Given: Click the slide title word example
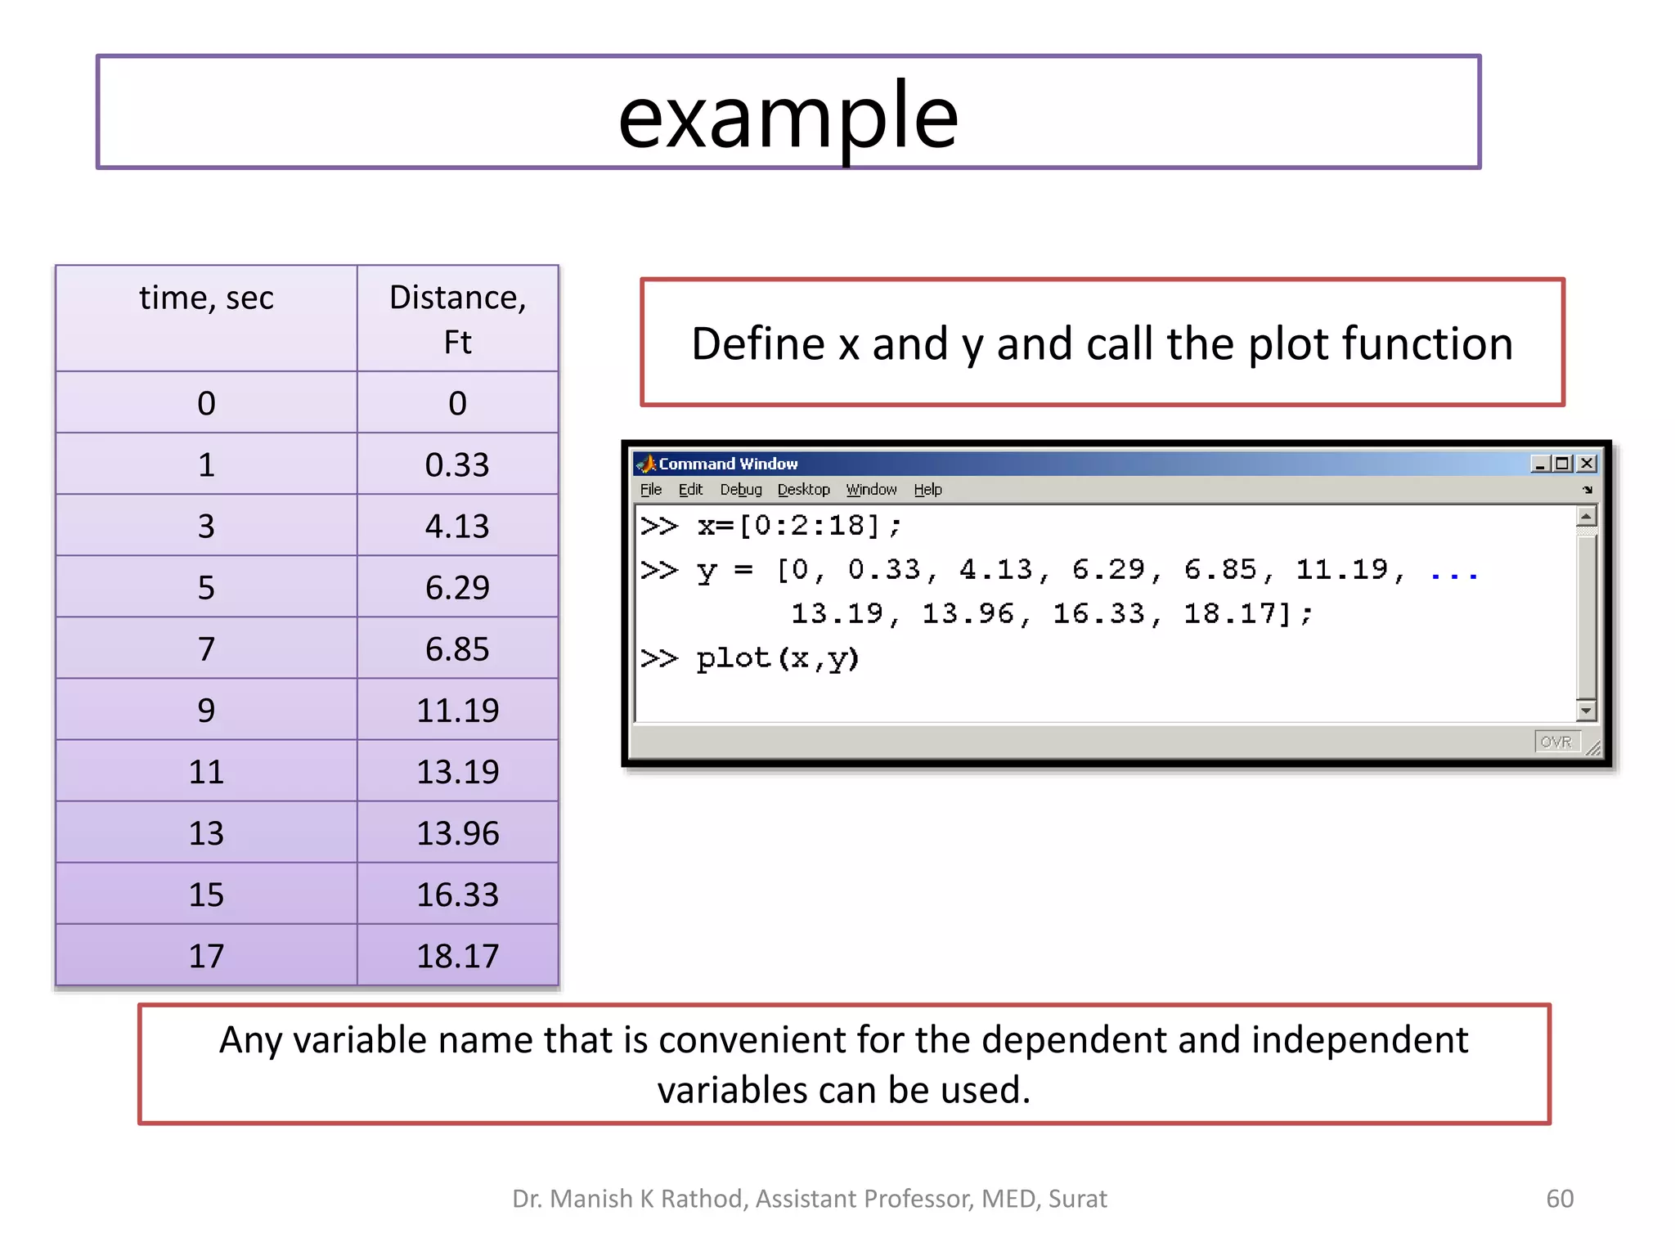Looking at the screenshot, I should coord(788,116).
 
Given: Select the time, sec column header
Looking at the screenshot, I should coord(206,298).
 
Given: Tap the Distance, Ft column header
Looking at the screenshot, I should coord(457,319).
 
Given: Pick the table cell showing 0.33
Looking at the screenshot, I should coord(457,464).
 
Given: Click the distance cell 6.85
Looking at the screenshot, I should coord(457,648).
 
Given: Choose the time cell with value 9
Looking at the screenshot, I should coord(206,710).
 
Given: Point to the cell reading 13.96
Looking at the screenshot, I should coord(457,833).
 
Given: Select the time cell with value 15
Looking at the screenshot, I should coord(206,895).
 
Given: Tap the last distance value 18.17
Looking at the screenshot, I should coord(457,956).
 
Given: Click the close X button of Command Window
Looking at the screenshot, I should coord(1587,464).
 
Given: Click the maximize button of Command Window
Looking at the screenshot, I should coord(1563,464).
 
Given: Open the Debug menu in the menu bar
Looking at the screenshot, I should coord(741,490).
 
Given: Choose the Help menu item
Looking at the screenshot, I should coord(927,490).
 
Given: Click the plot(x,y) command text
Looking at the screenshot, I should coord(777,658).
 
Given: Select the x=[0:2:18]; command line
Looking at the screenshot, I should coord(798,526).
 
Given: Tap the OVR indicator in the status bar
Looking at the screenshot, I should coord(1556,742).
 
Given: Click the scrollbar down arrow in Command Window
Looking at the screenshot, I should coord(1586,710).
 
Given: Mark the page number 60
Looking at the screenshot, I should coord(1559,1198).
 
